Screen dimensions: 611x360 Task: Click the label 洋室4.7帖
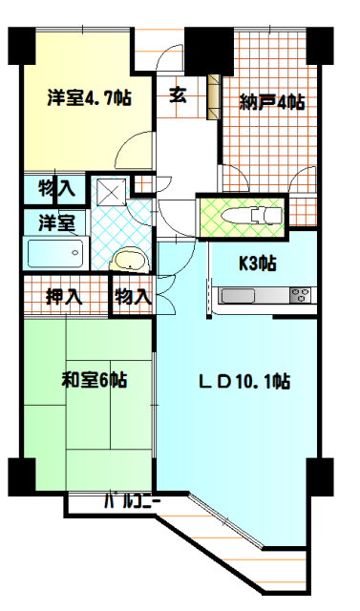coord(89,98)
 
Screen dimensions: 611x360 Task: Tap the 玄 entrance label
coord(178,95)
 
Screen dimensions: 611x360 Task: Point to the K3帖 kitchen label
coord(258,263)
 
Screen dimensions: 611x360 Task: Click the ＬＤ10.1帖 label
coord(244,382)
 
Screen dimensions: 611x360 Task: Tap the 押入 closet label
coord(63,296)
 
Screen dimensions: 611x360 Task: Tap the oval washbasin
coord(127,262)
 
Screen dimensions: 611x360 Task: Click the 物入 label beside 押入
coord(133,296)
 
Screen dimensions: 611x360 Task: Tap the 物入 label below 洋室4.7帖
coord(57,188)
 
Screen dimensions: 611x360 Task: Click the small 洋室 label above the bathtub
coord(55,223)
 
